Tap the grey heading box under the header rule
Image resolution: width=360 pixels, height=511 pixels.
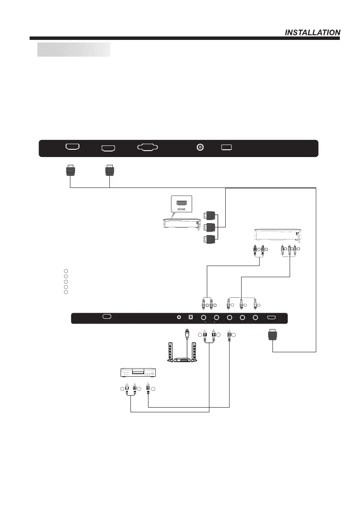[74, 49]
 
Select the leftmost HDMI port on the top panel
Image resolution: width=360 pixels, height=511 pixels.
[72, 147]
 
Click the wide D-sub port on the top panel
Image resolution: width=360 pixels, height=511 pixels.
[148, 147]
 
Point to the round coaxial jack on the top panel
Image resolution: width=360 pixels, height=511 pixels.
[200, 147]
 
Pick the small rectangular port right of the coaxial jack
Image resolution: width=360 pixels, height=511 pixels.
[227, 147]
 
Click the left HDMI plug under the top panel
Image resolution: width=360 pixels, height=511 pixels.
[70, 171]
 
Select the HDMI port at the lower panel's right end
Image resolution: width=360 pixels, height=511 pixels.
[272, 318]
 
